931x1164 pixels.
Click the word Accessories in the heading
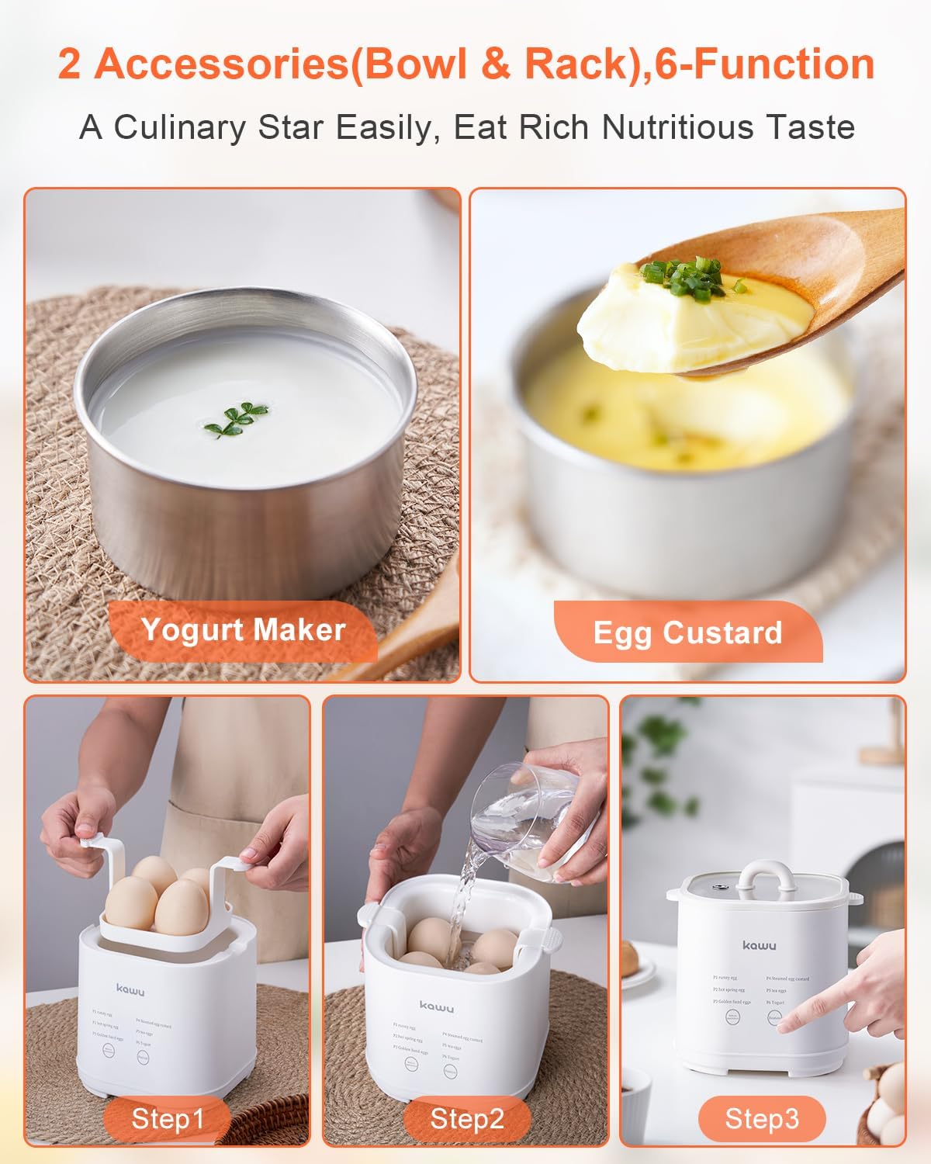(221, 64)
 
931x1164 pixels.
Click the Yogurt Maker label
(243, 629)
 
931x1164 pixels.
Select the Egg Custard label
(687, 632)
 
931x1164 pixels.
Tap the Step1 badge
(167, 1118)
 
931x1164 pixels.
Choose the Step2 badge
(466, 1118)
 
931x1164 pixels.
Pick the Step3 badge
(761, 1118)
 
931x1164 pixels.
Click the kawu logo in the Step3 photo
(758, 945)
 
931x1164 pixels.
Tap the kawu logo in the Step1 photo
(130, 989)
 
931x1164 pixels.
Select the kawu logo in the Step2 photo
(437, 1006)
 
